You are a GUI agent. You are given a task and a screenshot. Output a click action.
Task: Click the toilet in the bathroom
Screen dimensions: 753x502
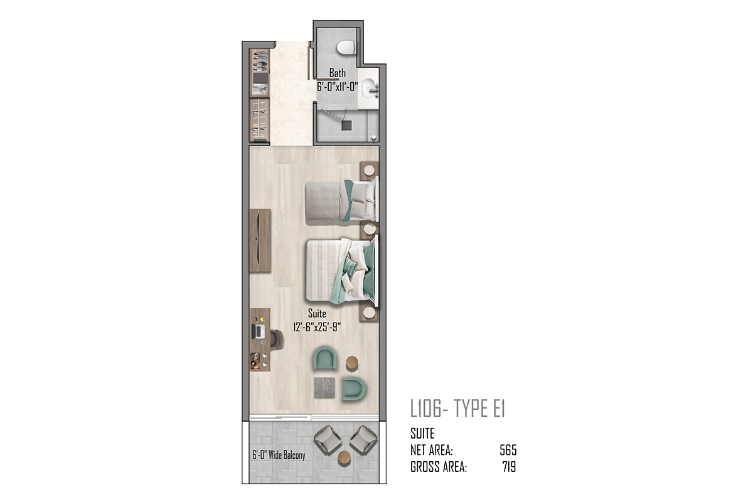coord(346,48)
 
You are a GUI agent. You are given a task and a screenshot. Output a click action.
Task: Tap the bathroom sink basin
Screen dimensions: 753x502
coord(369,87)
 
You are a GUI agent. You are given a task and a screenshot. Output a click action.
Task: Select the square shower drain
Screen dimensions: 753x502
coord(346,125)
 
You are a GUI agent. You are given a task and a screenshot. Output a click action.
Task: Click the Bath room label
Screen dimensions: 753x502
coord(337,73)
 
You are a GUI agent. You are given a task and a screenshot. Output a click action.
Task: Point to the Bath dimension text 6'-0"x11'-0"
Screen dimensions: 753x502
coord(337,87)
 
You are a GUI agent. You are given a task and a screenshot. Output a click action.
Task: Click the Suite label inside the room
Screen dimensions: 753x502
coord(317,313)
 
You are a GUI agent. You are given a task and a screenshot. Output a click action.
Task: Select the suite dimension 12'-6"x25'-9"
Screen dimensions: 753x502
coord(317,327)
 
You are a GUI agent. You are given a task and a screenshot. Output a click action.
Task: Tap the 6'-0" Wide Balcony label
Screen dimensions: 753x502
coord(279,455)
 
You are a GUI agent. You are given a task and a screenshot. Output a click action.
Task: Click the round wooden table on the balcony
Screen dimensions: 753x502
coord(344,457)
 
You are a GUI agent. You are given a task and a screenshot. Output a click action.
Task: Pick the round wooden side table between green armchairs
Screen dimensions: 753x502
coord(352,363)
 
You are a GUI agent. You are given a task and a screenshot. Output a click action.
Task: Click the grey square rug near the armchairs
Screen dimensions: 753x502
coord(324,387)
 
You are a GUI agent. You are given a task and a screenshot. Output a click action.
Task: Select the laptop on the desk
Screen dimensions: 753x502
coord(258,331)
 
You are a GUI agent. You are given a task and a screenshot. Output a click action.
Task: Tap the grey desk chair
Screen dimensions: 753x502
coord(277,339)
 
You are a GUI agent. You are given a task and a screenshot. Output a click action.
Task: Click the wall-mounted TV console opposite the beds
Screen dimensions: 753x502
coord(260,240)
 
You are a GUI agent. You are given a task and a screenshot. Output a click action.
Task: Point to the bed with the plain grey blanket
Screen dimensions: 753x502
coord(341,201)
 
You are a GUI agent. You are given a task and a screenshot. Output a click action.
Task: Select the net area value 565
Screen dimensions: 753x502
coord(508,450)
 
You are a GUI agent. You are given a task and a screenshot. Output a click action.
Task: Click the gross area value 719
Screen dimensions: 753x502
coord(509,467)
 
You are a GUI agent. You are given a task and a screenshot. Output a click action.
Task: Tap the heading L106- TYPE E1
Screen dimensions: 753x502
coord(457,409)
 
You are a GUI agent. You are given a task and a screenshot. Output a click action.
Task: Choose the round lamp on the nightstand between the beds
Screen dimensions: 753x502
coord(370,229)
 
